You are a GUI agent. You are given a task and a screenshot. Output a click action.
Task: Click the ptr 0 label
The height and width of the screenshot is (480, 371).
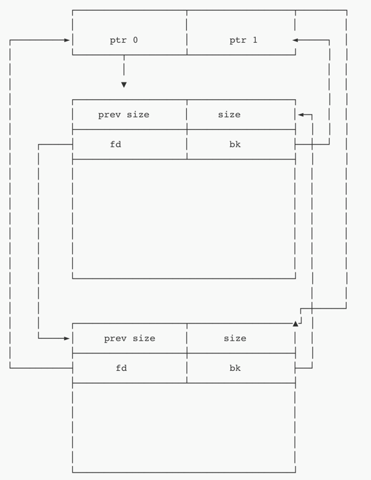tap(124, 40)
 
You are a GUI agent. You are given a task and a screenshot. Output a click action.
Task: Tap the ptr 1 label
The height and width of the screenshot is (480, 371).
tap(243, 40)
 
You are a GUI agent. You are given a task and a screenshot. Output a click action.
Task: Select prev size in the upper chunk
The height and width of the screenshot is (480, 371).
tap(124, 114)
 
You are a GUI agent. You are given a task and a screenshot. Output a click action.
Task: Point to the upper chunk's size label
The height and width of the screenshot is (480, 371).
tap(229, 114)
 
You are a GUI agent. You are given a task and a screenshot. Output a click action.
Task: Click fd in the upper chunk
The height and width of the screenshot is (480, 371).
tap(115, 144)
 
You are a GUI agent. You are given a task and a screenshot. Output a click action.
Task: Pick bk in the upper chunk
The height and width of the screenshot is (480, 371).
tap(235, 144)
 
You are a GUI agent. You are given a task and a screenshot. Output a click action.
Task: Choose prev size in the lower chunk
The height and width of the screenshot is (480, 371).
tap(129, 338)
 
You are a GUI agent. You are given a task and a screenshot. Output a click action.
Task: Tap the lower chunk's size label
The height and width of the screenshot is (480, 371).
tap(235, 338)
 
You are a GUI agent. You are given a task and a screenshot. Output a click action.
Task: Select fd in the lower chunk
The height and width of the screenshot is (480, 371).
tap(121, 368)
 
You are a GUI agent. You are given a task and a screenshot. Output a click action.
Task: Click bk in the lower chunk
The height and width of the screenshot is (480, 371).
tap(235, 368)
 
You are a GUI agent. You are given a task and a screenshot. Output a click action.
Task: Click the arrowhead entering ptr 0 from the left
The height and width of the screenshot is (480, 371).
tap(67, 40)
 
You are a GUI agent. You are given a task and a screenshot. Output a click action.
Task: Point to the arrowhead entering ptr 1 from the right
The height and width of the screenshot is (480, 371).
tap(295, 40)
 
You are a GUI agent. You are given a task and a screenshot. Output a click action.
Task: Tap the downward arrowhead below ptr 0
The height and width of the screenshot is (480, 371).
tap(124, 85)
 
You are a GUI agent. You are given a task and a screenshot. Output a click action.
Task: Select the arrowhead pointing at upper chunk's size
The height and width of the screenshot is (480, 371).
tap(301, 114)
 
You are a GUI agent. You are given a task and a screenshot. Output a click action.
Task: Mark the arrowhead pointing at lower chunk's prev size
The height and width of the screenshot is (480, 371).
tap(67, 338)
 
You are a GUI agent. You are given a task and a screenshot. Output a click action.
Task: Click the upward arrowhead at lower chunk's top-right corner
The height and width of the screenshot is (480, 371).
tap(295, 324)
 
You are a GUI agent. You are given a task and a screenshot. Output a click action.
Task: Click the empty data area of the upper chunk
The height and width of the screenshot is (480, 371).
tap(184, 219)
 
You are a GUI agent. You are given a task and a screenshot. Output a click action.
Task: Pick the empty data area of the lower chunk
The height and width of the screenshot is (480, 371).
tap(184, 427)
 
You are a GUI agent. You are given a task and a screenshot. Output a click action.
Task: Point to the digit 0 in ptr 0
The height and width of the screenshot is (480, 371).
tap(135, 40)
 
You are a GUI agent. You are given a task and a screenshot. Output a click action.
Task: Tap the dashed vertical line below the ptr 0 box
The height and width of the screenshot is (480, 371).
tap(124, 65)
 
